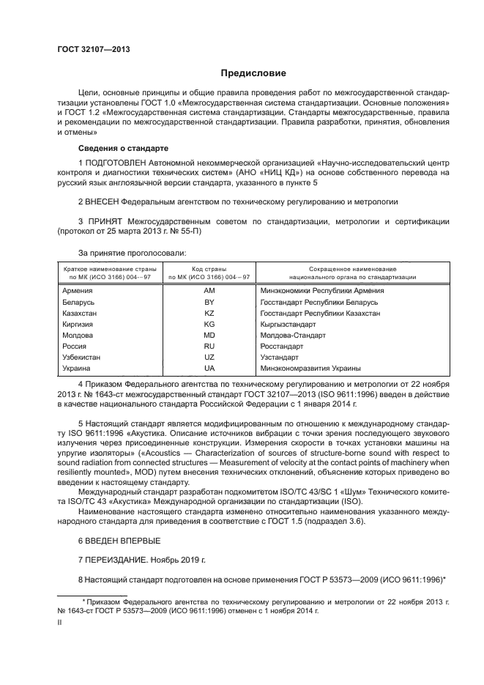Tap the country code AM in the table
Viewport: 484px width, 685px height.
209,291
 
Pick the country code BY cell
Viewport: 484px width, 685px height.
209,302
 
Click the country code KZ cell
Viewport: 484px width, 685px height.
209,313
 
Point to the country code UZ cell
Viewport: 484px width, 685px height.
209,357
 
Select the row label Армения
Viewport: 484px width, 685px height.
78,291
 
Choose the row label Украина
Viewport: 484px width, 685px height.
78,368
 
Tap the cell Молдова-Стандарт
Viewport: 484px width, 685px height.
293,335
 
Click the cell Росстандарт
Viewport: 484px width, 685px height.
282,346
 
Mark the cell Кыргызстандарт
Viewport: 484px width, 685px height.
288,324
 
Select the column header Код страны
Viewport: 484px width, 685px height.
209,269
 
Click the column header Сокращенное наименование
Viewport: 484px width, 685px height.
347,269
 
